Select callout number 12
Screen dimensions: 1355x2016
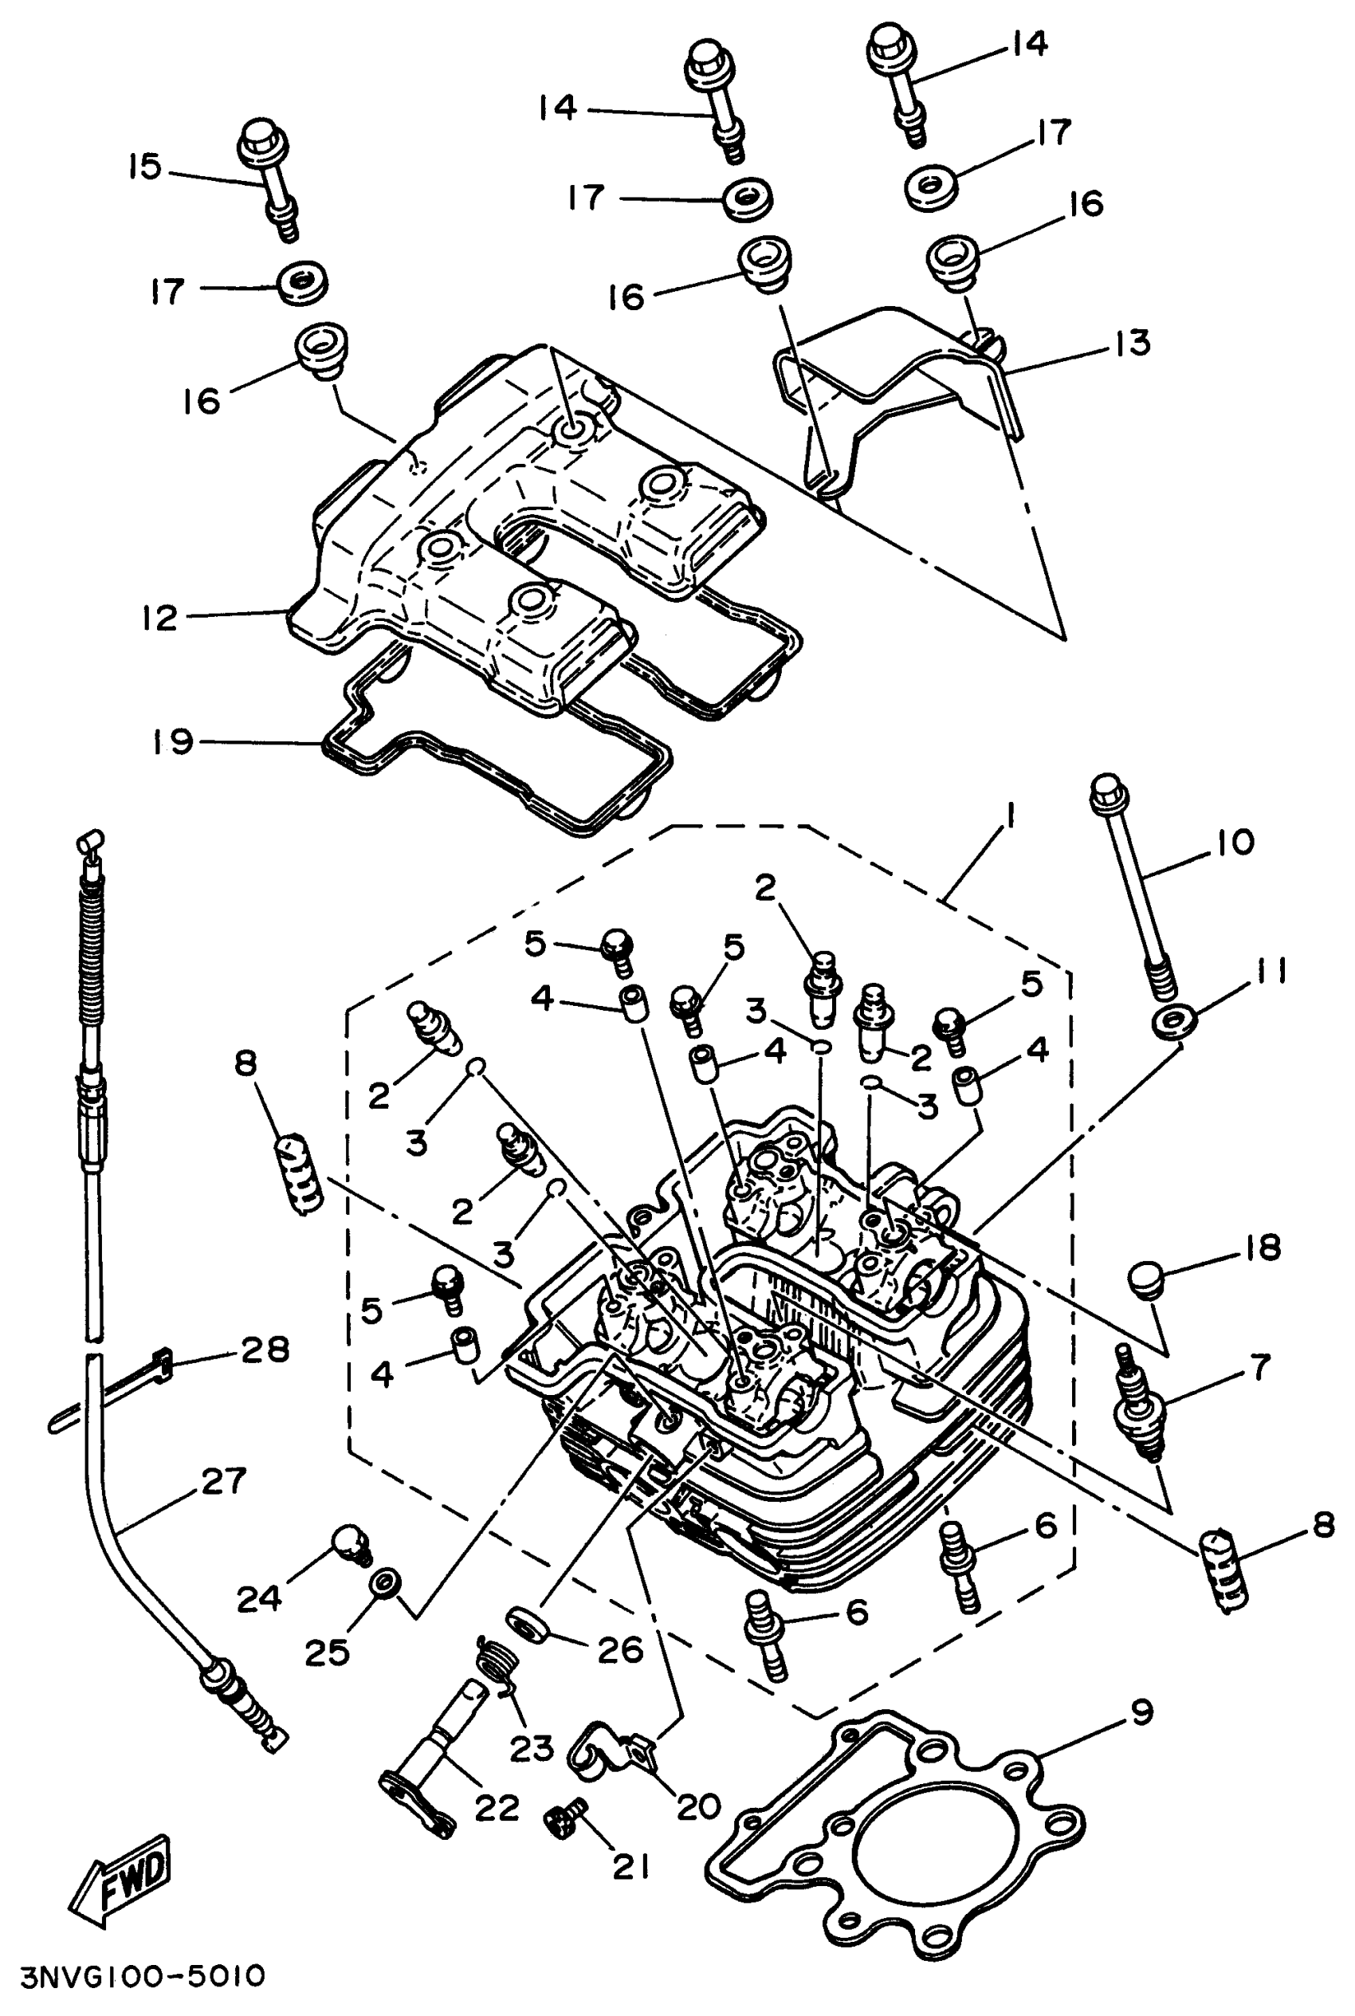click(x=160, y=618)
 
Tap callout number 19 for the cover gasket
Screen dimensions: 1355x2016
click(x=173, y=741)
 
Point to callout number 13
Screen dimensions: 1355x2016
click(x=1133, y=343)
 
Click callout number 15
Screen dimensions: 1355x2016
click(x=145, y=166)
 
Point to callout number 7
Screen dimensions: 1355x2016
click(x=1261, y=1367)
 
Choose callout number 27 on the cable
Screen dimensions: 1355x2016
click(x=225, y=1481)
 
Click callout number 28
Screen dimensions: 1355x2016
click(x=265, y=1349)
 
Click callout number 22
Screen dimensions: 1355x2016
click(x=497, y=1807)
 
